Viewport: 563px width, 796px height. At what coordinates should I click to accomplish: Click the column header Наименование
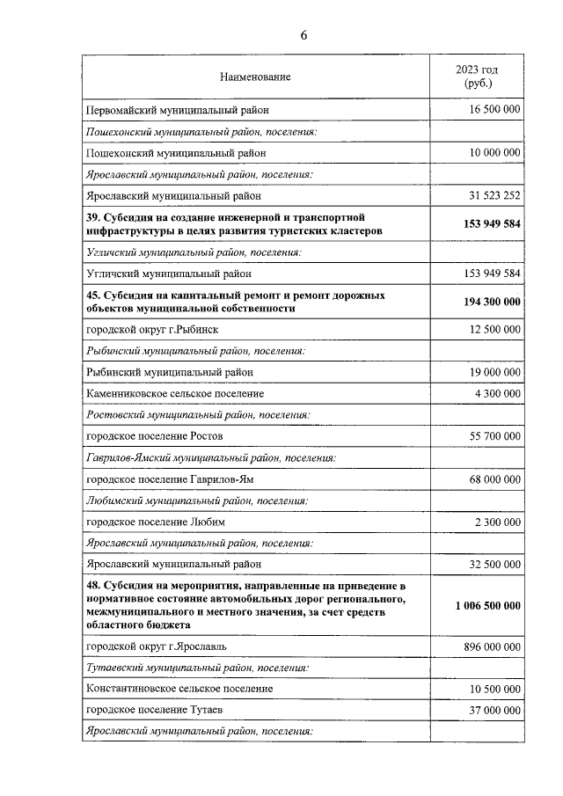coord(255,77)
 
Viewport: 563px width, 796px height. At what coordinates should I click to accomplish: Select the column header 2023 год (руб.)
coord(478,77)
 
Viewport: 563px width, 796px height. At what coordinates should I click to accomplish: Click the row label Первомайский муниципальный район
coord(177,110)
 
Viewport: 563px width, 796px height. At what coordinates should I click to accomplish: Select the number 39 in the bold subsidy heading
coord(92,217)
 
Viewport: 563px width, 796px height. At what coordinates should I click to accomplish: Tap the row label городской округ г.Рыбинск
coord(151,330)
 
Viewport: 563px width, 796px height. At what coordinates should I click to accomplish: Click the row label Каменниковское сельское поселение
coord(174,393)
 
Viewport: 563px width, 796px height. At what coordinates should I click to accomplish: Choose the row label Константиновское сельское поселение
coord(179,689)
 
